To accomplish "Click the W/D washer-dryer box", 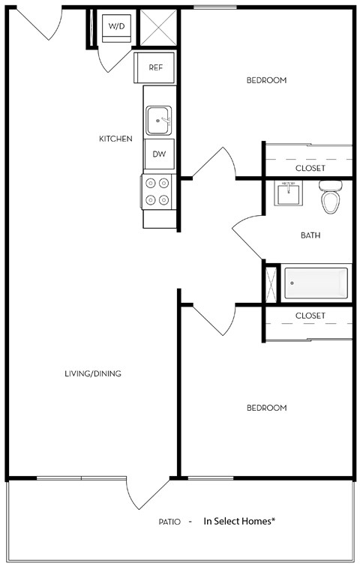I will (116, 27).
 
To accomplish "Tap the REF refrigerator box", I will (154, 67).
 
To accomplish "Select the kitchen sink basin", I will (159, 118).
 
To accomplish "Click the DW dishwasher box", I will (159, 154).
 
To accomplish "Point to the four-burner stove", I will (157, 190).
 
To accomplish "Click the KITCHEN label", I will (116, 139).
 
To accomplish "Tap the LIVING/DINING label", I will (93, 373).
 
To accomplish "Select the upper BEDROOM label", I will (266, 80).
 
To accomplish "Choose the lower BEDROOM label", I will (266, 408).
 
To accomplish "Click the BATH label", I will (310, 235).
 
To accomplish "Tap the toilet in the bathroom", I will (330, 197).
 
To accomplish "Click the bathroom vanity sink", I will (289, 195).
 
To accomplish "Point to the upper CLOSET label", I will (310, 168).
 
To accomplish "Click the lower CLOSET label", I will (310, 316).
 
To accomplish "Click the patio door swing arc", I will (147, 496).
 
